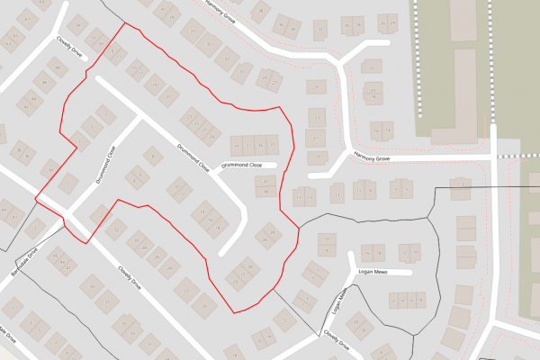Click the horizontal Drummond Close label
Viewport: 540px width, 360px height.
point(242,165)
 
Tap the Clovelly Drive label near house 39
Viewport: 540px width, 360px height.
point(130,277)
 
